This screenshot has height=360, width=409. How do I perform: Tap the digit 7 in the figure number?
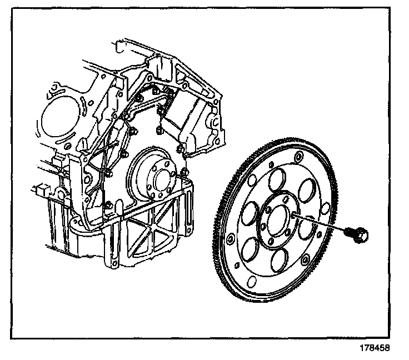365,351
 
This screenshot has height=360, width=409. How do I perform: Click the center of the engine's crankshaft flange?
163,181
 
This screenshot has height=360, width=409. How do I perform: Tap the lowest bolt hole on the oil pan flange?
114,261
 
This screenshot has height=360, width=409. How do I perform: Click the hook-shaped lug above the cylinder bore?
56,89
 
